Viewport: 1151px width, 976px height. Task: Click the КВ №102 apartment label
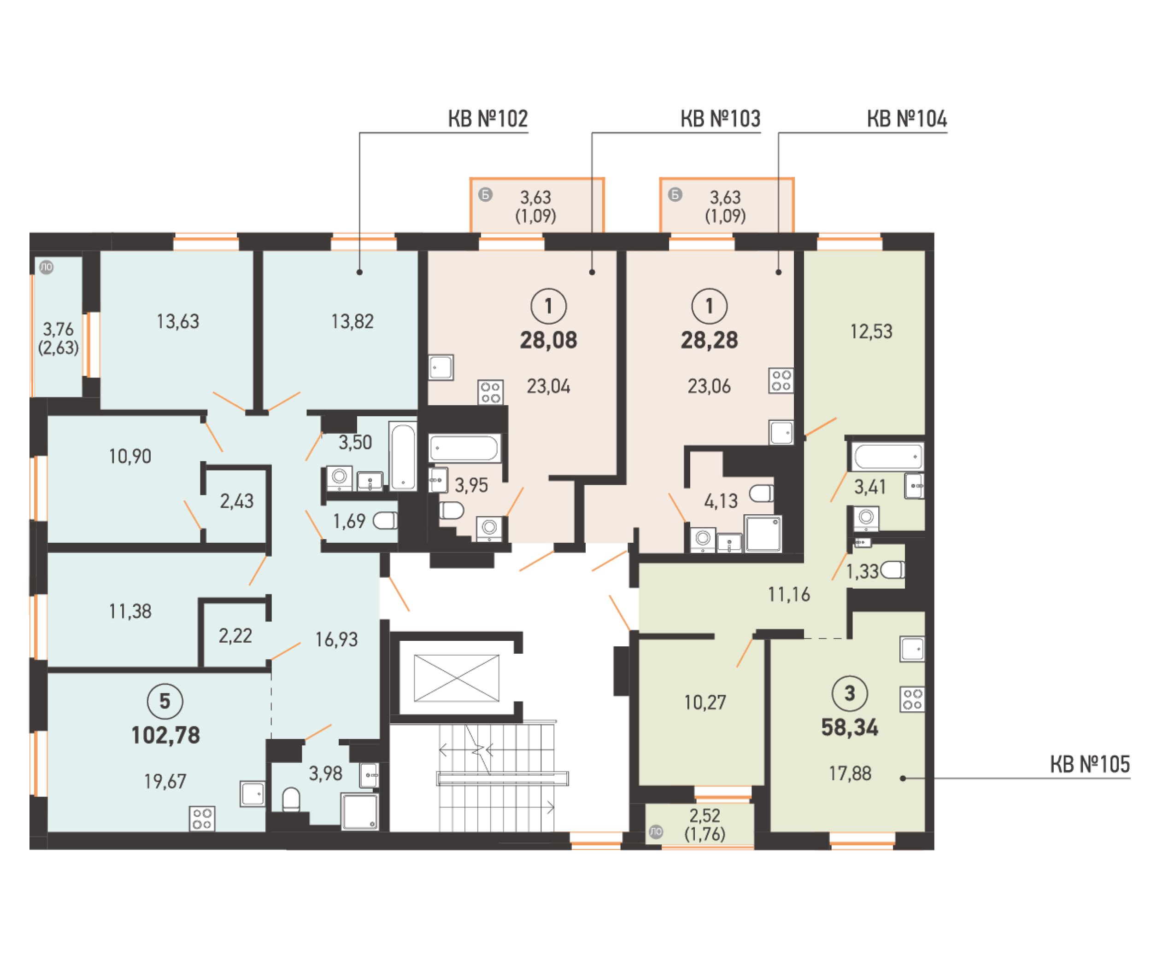point(487,118)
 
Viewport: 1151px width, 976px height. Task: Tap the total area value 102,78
point(165,735)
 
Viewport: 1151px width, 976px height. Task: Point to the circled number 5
point(164,702)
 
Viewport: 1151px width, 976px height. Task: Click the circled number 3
point(849,693)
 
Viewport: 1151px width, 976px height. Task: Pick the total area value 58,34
point(849,727)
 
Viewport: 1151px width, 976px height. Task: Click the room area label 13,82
point(352,321)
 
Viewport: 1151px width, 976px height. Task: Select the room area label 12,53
point(871,331)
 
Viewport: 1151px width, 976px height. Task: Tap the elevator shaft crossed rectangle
point(456,678)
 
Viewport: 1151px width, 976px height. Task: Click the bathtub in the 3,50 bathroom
point(403,456)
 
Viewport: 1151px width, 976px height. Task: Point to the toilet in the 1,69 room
point(385,520)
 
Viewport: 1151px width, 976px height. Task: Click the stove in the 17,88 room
point(912,699)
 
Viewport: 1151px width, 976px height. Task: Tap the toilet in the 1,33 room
point(893,570)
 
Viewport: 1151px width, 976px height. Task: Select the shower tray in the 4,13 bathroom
point(763,534)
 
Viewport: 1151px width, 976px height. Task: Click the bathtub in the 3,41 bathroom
point(887,456)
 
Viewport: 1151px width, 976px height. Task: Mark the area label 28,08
point(548,340)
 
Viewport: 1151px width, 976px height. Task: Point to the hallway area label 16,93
point(336,639)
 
